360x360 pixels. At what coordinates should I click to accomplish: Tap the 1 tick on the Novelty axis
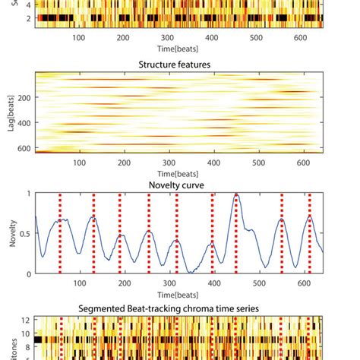click(29, 194)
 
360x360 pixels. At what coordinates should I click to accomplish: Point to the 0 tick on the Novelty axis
click(29, 273)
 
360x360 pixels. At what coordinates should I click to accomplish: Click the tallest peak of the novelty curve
click(237, 195)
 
